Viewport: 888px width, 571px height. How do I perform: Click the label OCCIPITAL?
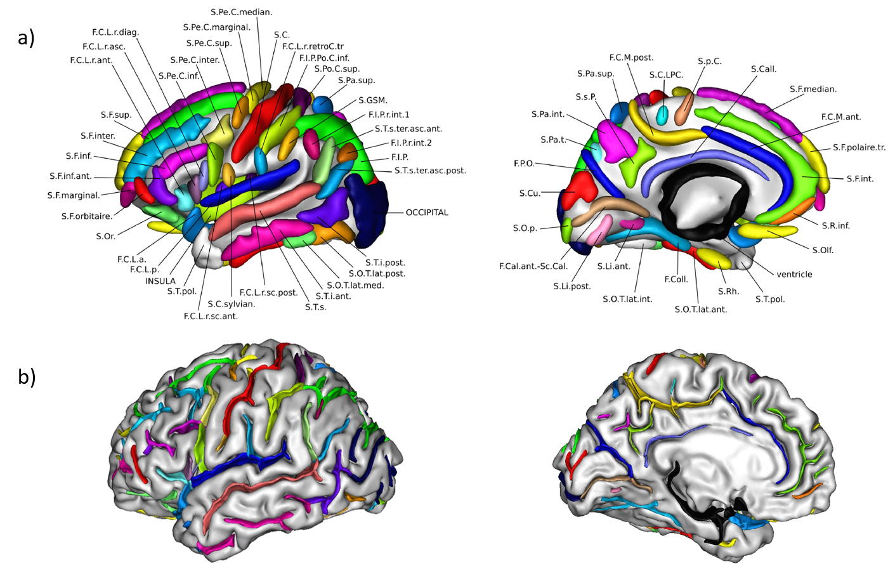tap(427, 213)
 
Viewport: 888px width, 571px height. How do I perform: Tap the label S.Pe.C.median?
tap(241, 12)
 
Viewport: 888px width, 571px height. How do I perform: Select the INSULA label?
tap(160, 281)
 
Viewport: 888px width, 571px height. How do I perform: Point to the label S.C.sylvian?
tap(231, 304)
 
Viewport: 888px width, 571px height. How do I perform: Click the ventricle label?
tap(794, 274)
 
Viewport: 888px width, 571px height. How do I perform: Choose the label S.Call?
tap(764, 69)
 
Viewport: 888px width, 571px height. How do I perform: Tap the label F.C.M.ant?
tap(841, 117)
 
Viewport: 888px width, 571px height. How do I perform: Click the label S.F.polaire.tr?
tap(859, 147)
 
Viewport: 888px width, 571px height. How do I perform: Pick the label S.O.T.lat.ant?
tap(701, 310)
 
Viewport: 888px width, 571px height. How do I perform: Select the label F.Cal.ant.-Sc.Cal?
tap(533, 266)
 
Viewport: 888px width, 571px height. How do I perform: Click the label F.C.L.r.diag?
tap(115, 32)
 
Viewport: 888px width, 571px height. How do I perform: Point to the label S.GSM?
tap(373, 100)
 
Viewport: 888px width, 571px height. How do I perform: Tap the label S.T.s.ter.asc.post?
tap(430, 171)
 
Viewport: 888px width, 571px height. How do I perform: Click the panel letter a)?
tap(27, 38)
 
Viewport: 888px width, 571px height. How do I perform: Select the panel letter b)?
tap(27, 377)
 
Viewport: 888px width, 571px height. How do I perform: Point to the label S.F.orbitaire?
tap(87, 216)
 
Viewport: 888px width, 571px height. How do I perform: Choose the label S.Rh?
tap(729, 291)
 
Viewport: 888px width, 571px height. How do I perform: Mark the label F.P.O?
tap(524, 164)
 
